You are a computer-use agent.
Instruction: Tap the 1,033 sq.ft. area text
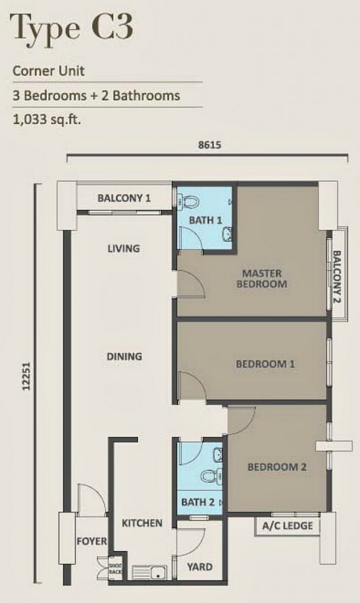(47, 120)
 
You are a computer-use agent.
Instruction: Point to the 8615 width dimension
(209, 145)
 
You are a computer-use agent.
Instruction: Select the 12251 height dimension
(26, 376)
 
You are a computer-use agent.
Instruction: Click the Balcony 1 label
(124, 198)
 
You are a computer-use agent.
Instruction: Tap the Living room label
(124, 248)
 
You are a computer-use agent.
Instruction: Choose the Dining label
(124, 356)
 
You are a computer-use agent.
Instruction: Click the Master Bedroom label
(262, 279)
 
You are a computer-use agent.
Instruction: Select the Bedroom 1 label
(265, 364)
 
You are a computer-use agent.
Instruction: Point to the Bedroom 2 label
(277, 467)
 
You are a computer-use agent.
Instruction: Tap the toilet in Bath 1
(190, 201)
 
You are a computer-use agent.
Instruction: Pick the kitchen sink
(150, 572)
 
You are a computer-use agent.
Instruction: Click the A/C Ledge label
(288, 525)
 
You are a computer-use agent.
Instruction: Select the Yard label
(200, 567)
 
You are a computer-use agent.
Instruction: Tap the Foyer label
(91, 542)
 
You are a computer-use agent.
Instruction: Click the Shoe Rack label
(115, 569)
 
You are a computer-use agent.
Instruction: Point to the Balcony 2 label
(336, 277)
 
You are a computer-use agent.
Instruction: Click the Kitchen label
(142, 523)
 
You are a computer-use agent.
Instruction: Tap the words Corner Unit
(48, 71)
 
